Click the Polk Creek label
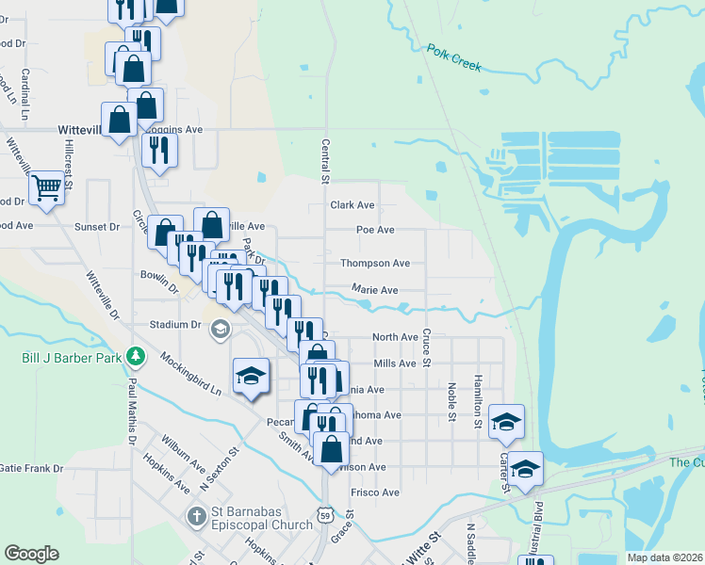coord(453,57)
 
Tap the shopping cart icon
coord(45,187)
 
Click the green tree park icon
coord(137,356)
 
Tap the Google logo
coord(31,554)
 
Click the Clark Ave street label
coord(352,204)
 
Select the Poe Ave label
coord(375,230)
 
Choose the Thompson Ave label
coord(375,264)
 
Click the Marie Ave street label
coord(375,290)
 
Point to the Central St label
coord(324,160)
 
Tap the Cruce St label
coord(426,347)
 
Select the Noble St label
coord(451,401)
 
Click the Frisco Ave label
coord(375,492)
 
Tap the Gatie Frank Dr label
coord(31,468)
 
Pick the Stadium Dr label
coord(177,325)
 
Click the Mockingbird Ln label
coord(189,373)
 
